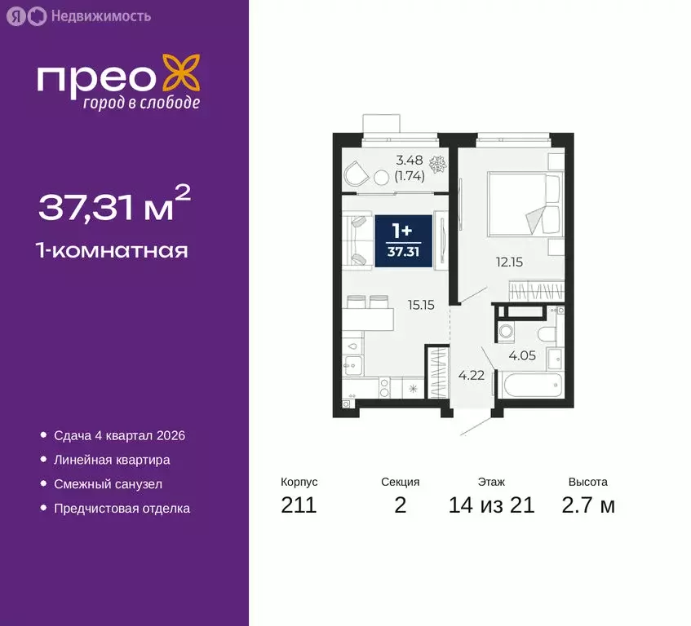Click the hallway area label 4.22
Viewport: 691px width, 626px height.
pos(465,376)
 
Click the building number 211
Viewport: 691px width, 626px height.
pos(298,505)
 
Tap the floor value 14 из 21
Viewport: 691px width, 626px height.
pos(491,505)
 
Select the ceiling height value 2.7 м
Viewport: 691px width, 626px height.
pos(588,505)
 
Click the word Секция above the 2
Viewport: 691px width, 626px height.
pos(400,482)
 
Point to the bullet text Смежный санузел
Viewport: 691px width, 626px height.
pos(108,484)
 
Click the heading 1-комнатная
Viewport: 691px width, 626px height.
pos(113,250)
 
